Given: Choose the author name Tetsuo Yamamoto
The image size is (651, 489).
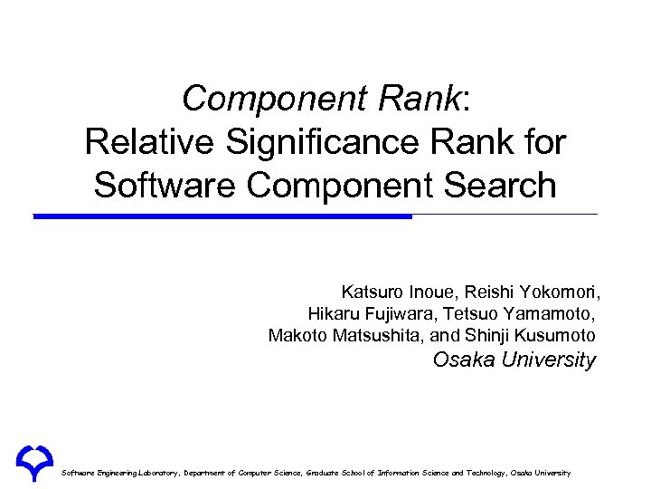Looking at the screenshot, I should (515, 314).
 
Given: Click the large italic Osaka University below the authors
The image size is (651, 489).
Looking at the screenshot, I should (514, 360).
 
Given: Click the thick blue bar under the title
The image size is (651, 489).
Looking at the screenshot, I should (222, 216).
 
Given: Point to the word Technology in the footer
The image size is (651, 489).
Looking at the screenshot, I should (481, 474).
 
